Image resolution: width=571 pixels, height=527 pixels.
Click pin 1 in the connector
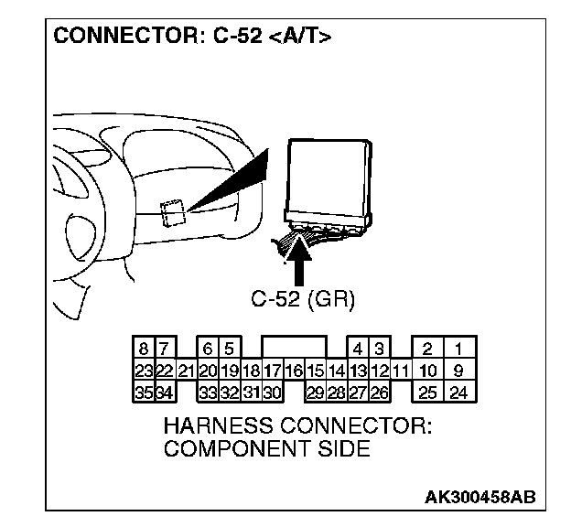(458, 350)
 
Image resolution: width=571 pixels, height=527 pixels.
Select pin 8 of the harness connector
(144, 350)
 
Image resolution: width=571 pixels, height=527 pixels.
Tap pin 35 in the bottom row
(144, 393)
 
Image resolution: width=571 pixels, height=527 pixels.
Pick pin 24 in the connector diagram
(458, 393)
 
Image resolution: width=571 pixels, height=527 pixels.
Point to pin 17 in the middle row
(271, 371)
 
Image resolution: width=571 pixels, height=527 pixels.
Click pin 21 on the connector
(186, 371)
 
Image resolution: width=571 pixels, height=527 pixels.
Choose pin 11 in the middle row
(399, 371)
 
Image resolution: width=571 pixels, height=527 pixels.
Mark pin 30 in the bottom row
(271, 393)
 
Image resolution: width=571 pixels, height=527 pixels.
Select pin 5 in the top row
(229, 350)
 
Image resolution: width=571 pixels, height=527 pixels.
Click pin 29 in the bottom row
(314, 393)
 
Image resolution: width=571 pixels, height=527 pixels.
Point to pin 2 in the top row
(427, 350)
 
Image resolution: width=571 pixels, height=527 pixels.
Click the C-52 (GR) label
(303, 298)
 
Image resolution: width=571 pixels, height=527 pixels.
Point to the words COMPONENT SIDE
(265, 449)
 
